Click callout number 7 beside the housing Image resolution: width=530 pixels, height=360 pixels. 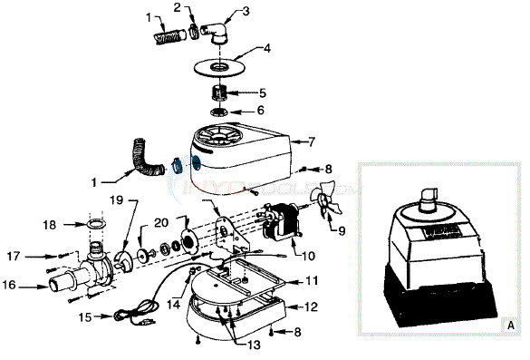[311, 142]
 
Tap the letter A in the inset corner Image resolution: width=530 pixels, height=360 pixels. [512, 324]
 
